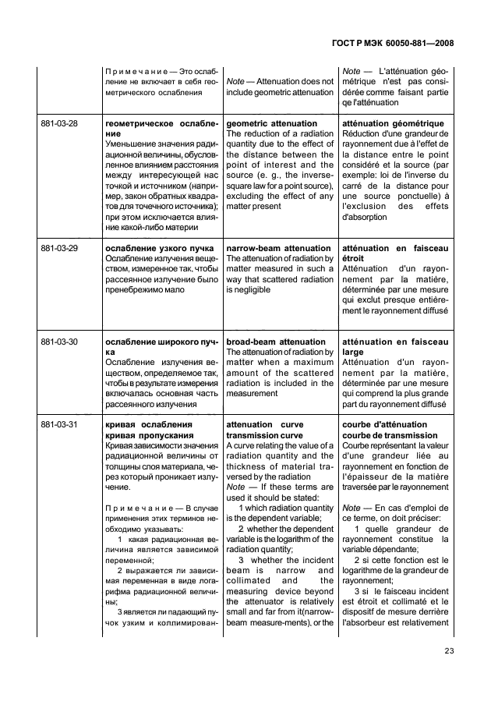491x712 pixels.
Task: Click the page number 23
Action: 449,651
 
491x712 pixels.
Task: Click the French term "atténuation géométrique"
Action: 393,124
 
